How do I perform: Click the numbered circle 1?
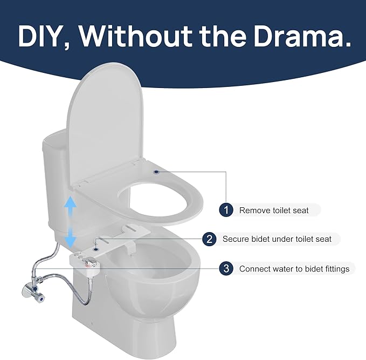point(226,210)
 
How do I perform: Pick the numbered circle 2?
point(210,239)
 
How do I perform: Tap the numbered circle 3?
point(226,268)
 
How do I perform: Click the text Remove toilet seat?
point(274,210)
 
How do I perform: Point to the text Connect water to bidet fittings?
point(294,268)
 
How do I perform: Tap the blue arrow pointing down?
point(71,238)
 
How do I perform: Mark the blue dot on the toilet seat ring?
point(156,172)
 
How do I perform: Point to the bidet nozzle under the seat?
point(129,250)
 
